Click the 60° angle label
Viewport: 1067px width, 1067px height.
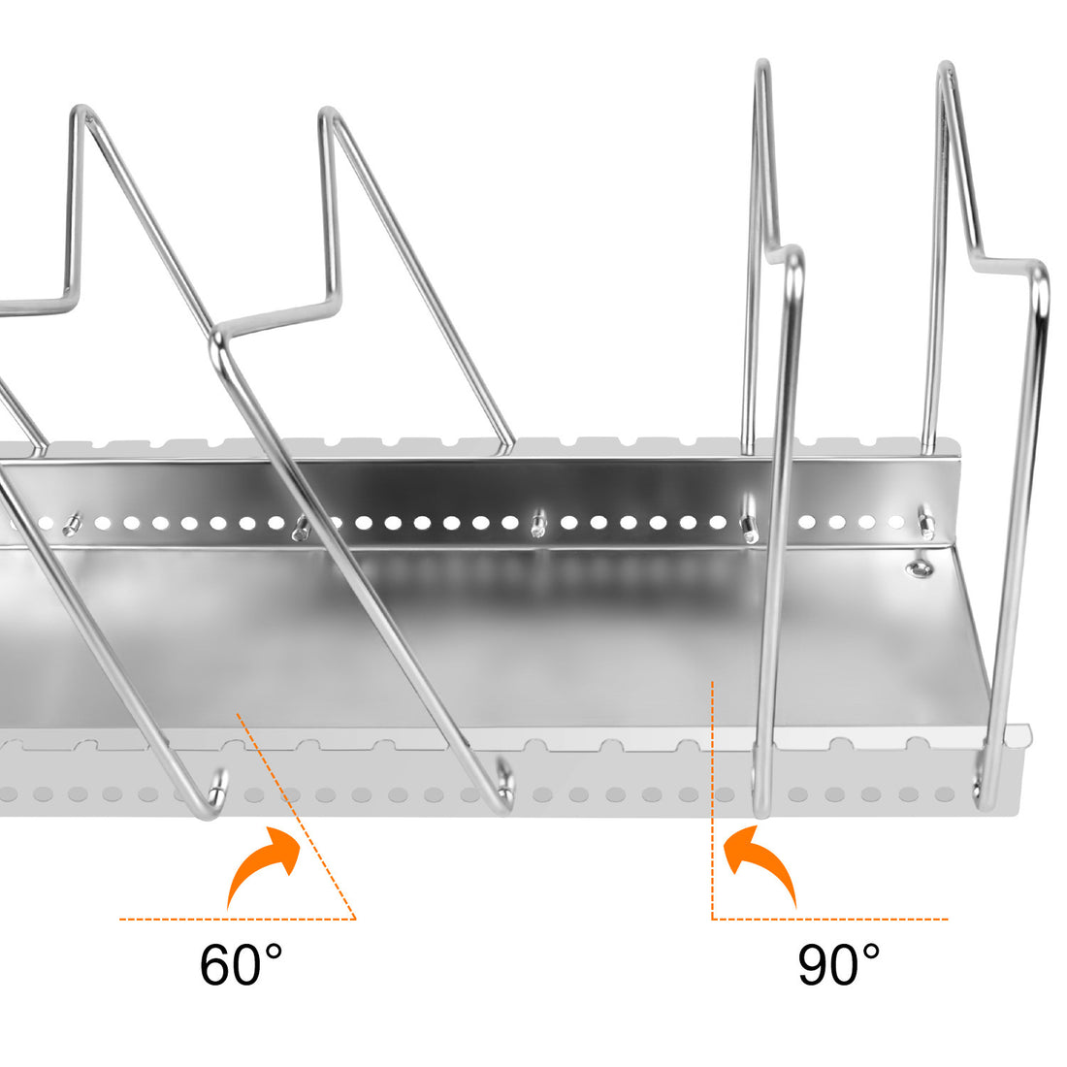[242, 963]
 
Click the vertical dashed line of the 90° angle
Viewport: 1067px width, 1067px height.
[713, 795]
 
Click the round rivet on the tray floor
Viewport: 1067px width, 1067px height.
[917, 567]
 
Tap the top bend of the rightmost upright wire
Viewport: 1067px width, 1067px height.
[947, 70]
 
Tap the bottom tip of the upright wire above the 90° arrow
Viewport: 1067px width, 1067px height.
[761, 810]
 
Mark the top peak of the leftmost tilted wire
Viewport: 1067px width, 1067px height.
[81, 113]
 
